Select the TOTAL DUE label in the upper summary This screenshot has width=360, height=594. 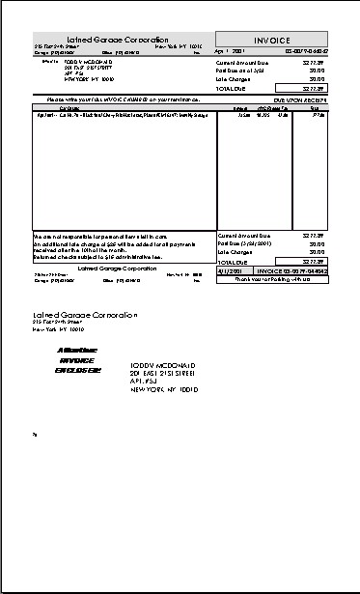[x=232, y=88]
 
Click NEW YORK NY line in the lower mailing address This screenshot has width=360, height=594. [x=164, y=390]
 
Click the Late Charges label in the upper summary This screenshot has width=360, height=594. [x=235, y=78]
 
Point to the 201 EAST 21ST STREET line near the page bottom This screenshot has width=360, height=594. [x=163, y=375]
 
